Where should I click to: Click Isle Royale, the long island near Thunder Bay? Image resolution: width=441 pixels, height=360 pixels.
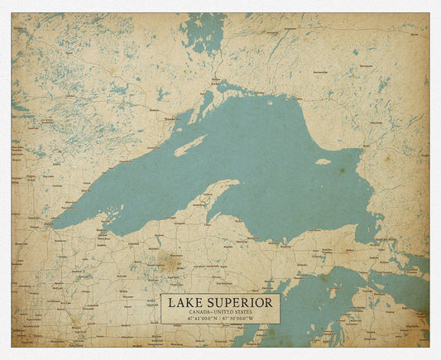(190, 146)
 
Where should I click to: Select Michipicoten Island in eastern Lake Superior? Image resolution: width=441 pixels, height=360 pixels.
(323, 161)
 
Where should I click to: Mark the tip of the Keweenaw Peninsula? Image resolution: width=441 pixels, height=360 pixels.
(238, 182)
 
